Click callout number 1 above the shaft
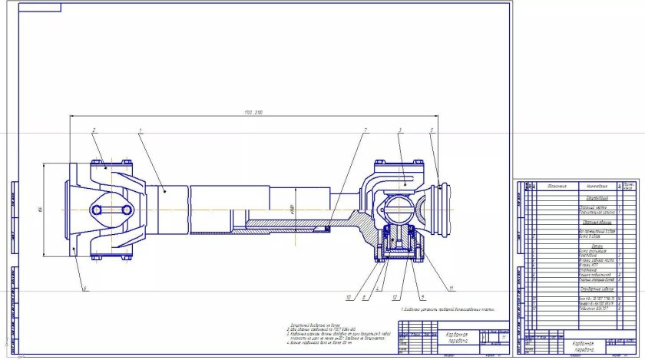click(141, 131)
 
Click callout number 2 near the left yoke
click(94, 130)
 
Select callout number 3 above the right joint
click(401, 131)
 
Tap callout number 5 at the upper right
click(432, 131)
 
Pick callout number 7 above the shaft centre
click(365, 130)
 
